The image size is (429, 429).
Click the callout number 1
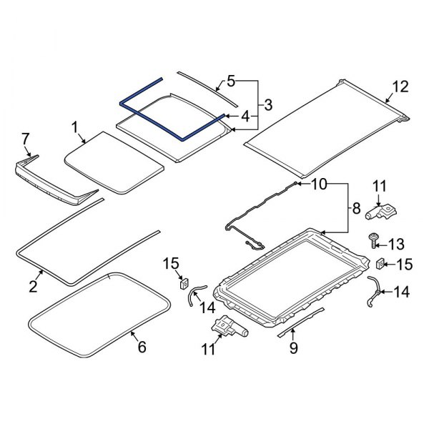click(74, 129)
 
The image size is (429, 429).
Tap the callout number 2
click(33, 287)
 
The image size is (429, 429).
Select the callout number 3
click(267, 105)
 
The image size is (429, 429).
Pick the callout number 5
click(231, 80)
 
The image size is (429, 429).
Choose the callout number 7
click(26, 137)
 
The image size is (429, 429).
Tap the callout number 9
click(293, 349)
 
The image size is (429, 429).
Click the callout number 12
click(400, 87)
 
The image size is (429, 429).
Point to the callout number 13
click(397, 243)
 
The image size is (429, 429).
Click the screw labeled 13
click(373, 240)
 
